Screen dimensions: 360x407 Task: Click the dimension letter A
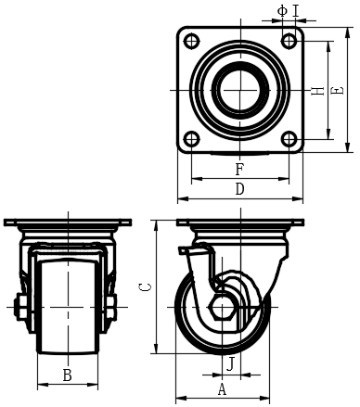222,388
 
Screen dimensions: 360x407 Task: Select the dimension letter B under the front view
67,375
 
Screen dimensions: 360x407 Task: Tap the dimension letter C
145,287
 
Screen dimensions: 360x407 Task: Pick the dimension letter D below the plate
240,189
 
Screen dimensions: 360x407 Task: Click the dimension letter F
239,170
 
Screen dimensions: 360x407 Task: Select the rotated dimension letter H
317,91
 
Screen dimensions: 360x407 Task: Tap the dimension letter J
230,363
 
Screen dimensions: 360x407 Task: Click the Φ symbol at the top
282,11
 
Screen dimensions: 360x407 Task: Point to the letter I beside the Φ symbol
296,11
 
